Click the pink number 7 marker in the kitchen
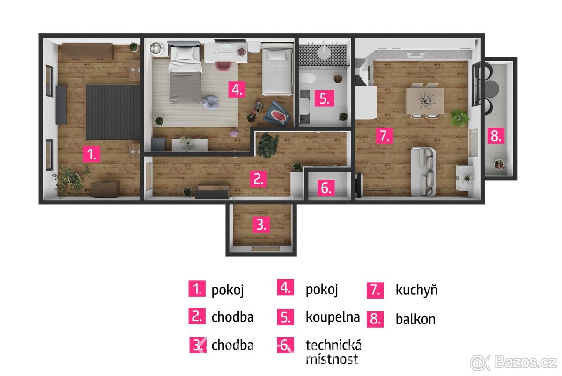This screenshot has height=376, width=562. click(x=384, y=136)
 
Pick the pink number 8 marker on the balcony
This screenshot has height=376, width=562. click(x=495, y=136)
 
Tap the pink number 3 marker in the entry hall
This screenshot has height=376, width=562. click(x=261, y=225)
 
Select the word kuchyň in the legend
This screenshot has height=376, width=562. click(x=416, y=290)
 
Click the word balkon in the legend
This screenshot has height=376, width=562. click(x=415, y=319)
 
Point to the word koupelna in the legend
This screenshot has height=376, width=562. click(x=333, y=317)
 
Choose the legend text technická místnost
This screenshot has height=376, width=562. click(x=333, y=352)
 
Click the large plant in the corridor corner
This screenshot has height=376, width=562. click(x=267, y=144)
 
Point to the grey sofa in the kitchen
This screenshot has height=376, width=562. click(x=424, y=172)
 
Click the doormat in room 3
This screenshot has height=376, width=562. click(x=261, y=248)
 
